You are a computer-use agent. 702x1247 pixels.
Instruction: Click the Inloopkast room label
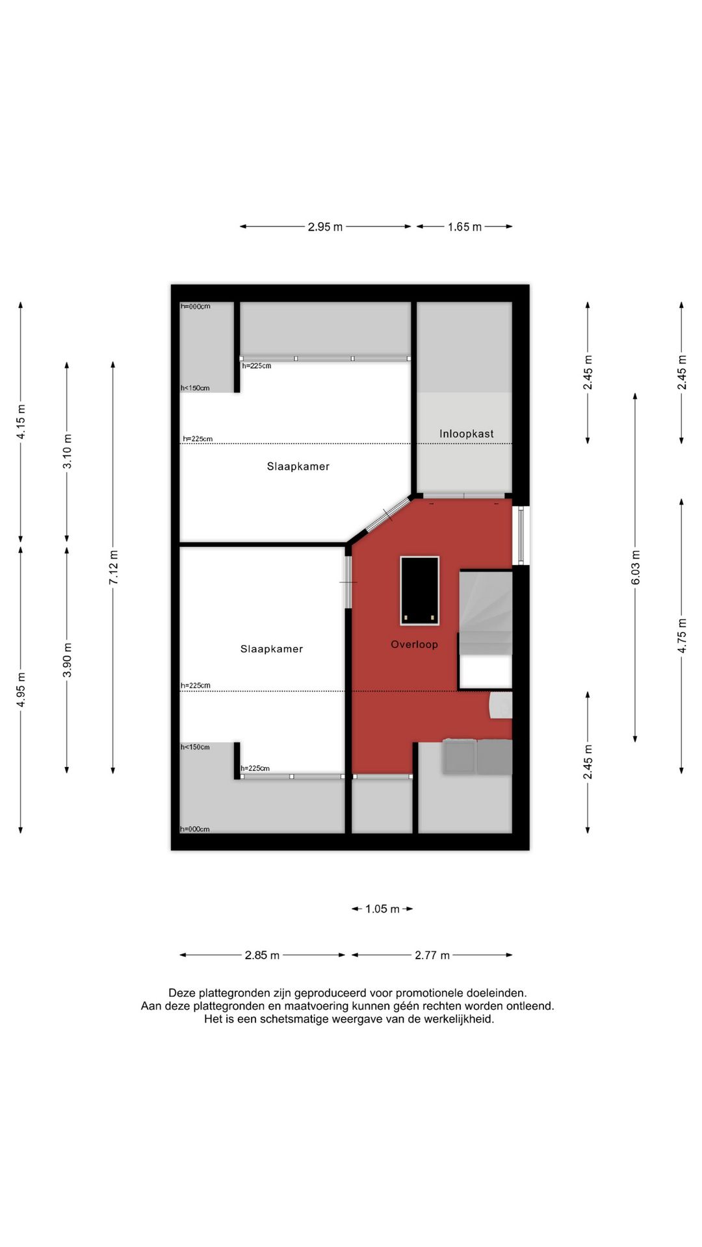tap(466, 434)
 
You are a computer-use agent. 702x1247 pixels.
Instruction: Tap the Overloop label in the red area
tap(414, 644)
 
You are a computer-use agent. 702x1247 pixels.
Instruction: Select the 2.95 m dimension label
tap(325, 227)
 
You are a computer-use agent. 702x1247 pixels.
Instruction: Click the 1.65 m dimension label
tap(464, 227)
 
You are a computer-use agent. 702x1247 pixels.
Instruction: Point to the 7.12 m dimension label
tap(114, 567)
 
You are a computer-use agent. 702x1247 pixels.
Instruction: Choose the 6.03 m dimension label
tap(636, 567)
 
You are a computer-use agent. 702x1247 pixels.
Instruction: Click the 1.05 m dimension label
tap(382, 909)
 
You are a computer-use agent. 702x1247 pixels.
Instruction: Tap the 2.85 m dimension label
tap(262, 955)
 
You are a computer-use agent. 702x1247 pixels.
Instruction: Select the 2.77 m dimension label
tap(432, 955)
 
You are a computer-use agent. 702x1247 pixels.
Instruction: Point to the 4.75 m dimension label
tap(682, 636)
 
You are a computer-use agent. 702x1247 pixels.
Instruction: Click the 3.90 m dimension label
tap(67, 660)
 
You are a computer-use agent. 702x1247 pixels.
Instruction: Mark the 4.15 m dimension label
tap(21, 422)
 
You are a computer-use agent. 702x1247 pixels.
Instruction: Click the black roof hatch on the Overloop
tap(419, 590)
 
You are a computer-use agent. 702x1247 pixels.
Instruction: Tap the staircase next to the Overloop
tap(486, 611)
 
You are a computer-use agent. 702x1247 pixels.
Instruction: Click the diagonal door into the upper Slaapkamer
tap(388, 515)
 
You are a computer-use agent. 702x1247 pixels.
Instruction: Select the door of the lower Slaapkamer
tap(348, 582)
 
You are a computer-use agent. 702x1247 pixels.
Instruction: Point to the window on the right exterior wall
tap(521, 535)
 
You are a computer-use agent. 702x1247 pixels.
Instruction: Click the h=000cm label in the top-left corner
tap(196, 307)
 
